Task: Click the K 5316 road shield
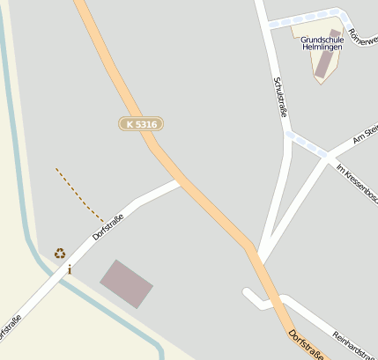141,125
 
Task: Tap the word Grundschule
322,40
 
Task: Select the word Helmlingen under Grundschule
322,48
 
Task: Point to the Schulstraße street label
281,97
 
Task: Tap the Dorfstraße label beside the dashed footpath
108,226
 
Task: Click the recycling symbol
60,253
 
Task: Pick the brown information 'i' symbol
70,269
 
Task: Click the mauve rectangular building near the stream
126,283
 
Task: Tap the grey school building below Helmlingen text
327,63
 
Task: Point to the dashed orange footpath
79,195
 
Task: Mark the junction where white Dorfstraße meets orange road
180,182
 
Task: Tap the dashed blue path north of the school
304,19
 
